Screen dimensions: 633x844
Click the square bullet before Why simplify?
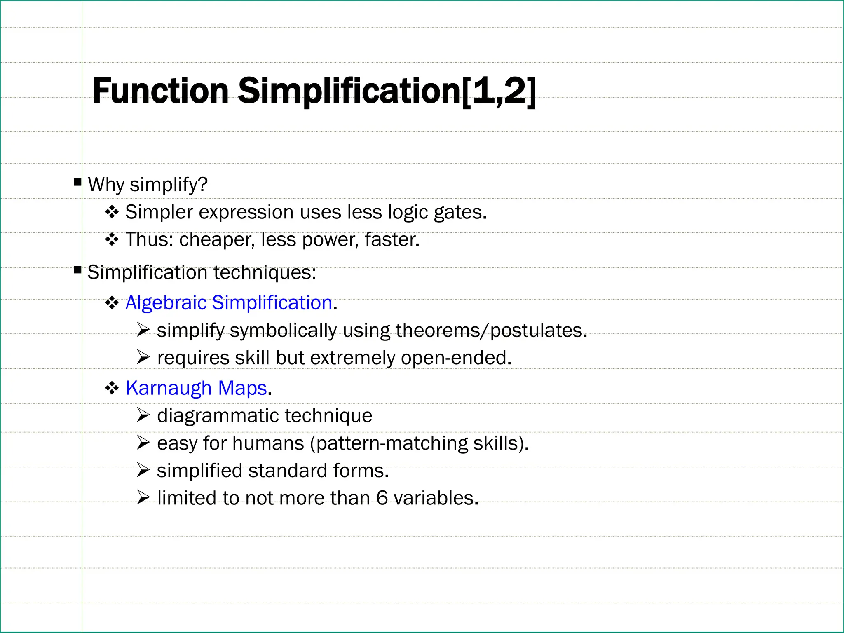tap(77, 182)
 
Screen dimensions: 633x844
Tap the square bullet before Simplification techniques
tap(77, 270)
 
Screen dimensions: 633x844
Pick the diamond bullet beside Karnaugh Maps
tap(112, 388)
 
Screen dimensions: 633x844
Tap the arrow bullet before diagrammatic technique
tap(143, 415)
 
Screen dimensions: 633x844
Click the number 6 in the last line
tap(382, 498)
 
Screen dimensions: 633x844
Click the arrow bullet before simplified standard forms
tap(143, 470)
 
